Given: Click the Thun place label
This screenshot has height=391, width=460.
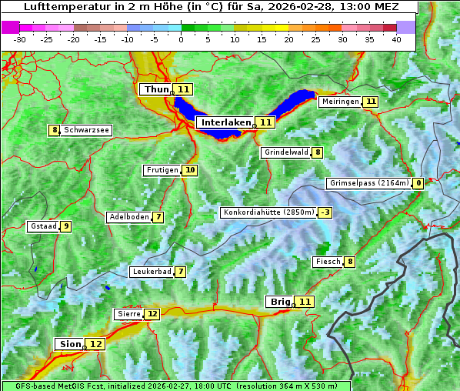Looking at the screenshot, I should tap(155, 89).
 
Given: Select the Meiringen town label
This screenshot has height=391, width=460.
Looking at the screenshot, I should tap(340, 102).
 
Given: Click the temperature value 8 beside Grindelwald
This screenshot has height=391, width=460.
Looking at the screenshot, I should tap(318, 152).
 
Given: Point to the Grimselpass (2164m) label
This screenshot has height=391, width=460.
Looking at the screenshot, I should tap(368, 183).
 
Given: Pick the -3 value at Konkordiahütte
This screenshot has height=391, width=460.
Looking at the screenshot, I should tap(325, 212).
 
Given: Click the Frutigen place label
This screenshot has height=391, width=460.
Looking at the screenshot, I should tap(162, 170).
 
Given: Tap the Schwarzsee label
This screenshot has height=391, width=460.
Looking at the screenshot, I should tap(86, 130).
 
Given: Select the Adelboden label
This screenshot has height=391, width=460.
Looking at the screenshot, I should tap(128, 217).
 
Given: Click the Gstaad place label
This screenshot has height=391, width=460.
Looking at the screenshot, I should tap(42, 226).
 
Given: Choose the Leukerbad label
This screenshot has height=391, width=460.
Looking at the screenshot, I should tap(151, 272).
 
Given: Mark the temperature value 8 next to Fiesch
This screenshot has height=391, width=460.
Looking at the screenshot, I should tap(350, 262).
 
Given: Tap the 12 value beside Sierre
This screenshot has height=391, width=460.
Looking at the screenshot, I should tap(152, 314).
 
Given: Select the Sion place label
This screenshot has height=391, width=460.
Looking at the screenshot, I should tap(68, 344).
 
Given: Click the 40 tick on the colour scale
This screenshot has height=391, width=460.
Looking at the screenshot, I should tap(396, 38).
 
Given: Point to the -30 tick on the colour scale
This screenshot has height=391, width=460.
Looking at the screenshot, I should tap(20, 38).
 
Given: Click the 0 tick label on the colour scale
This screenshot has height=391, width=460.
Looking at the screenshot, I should tap(182, 38).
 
